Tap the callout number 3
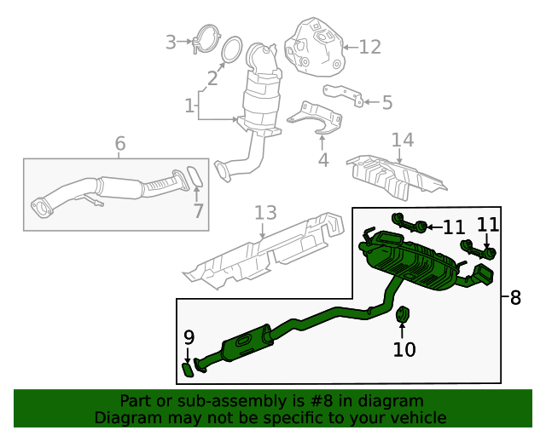(x=171, y=41)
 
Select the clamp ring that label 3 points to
(x=205, y=41)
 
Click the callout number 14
(x=402, y=140)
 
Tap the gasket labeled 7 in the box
(x=195, y=177)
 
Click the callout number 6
(x=119, y=144)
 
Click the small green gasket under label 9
(x=189, y=369)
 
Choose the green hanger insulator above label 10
(x=404, y=316)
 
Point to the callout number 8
(x=514, y=298)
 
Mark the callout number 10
(x=404, y=348)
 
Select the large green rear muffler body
(x=414, y=263)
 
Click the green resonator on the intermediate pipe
(x=247, y=345)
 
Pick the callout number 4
(x=322, y=159)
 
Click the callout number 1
(x=189, y=106)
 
